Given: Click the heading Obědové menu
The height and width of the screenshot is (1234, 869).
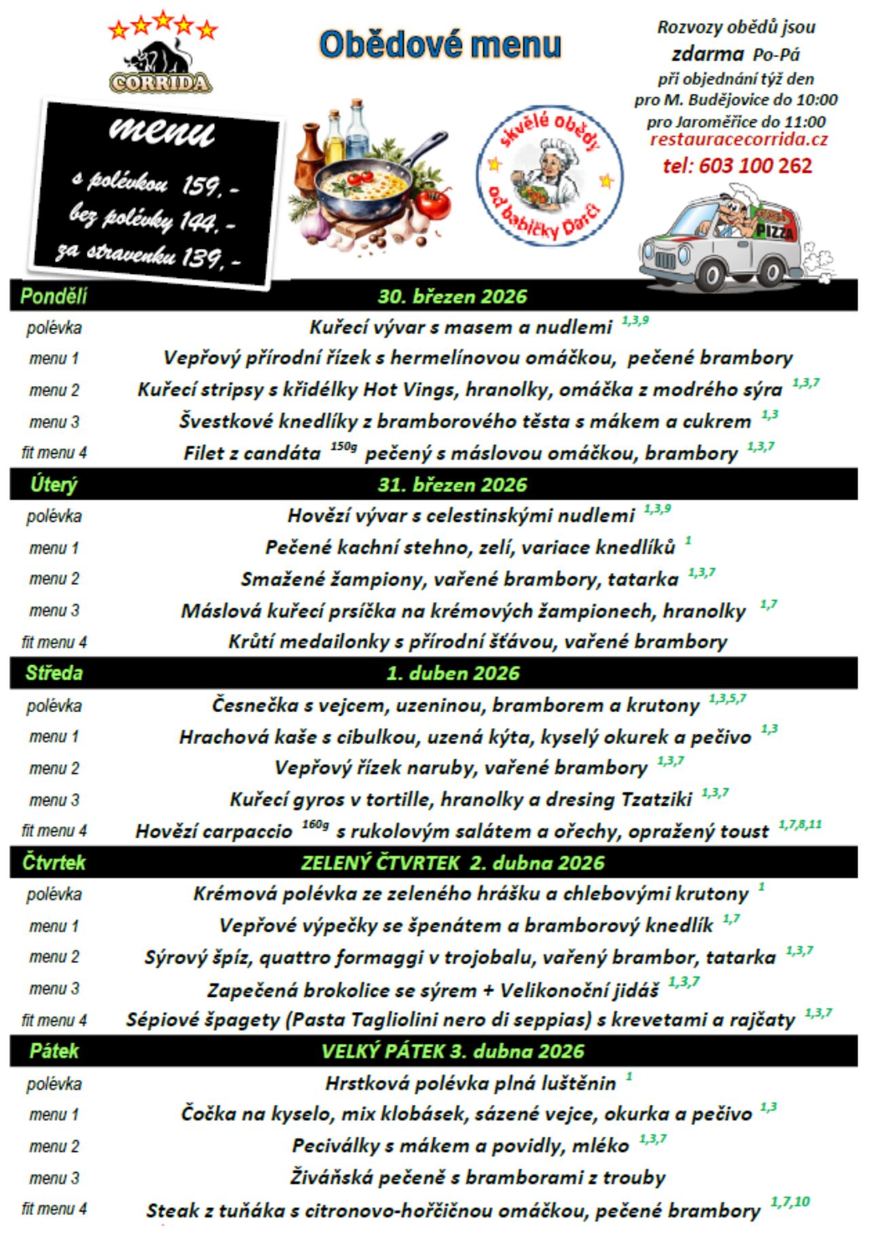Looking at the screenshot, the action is pos(440,45).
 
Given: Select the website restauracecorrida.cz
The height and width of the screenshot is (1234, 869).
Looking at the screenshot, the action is pos(739,139).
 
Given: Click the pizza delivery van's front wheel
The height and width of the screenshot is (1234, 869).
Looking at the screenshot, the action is pos(770,272).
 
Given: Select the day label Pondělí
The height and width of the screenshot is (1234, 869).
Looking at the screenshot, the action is pos(54,296).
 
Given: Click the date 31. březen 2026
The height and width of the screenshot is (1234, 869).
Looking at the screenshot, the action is pos(452,484).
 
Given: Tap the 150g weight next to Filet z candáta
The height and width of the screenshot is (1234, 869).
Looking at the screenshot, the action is pos(344,447).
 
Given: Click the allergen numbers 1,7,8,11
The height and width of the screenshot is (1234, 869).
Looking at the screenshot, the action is pos(800,824).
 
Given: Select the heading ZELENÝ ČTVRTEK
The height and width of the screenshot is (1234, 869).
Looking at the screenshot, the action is pos(380,862).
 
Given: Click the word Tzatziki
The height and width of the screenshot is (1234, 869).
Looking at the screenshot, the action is pos(656,799).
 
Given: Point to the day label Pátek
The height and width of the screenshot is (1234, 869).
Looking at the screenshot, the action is pos(54,1051).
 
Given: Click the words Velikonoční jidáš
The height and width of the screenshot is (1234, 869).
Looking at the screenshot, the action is pos(579,990).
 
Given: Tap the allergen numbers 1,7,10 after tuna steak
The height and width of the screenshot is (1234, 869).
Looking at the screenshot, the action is pos(790,1202).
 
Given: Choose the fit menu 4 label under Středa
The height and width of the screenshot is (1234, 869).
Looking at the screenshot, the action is pos(54,830).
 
